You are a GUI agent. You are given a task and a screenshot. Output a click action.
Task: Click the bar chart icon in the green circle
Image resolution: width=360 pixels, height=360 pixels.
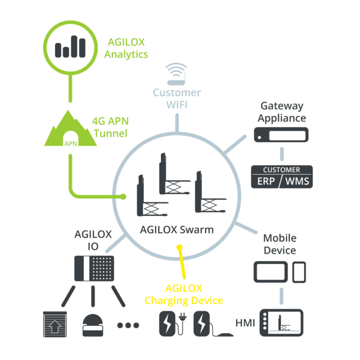pyautogui.click(x=70, y=46)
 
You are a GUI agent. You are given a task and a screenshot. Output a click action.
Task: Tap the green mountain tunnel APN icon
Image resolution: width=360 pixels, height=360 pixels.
pyautogui.click(x=70, y=128)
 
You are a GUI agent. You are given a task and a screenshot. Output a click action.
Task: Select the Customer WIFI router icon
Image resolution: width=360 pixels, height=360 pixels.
pyautogui.click(x=176, y=74)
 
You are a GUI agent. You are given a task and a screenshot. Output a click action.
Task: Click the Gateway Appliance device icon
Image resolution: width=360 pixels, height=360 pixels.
pyautogui.click(x=281, y=135)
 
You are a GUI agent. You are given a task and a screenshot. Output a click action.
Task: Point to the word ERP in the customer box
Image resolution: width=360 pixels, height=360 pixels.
pyautogui.click(x=266, y=181)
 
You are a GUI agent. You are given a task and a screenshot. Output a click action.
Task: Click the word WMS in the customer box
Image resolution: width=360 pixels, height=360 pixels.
pyautogui.click(x=297, y=181)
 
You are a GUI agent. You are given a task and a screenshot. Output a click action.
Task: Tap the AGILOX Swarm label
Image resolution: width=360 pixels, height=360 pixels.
pyautogui.click(x=177, y=230)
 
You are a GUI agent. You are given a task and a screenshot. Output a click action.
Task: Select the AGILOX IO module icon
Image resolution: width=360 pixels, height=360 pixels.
pyautogui.click(x=94, y=269)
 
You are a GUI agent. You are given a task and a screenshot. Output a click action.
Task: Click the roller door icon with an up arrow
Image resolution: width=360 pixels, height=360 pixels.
pyautogui.click(x=55, y=324)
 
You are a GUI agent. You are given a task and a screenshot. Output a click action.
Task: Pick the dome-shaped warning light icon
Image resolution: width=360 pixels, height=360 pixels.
pyautogui.click(x=93, y=325)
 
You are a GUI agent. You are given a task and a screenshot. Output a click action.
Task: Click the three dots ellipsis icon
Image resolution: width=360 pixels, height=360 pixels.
pyautogui.click(x=128, y=325)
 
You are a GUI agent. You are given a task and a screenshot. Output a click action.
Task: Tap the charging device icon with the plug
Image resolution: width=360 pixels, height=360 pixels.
pyautogui.click(x=172, y=323)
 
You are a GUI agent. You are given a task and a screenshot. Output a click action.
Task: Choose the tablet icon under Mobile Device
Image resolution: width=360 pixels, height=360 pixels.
pyautogui.click(x=270, y=272)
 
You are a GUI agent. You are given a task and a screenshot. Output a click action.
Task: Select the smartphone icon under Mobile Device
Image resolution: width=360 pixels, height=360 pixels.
pyautogui.click(x=299, y=272)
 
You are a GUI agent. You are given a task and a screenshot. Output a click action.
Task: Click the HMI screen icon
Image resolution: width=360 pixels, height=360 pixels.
pyautogui.click(x=281, y=323)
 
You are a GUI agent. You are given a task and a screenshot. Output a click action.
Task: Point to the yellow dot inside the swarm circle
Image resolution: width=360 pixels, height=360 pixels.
pyautogui.click(x=180, y=247)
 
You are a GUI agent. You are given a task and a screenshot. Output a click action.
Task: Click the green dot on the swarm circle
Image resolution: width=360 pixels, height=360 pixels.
pyautogui.click(x=123, y=196)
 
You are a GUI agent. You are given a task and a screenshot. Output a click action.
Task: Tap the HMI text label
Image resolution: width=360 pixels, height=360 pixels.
pyautogui.click(x=245, y=323)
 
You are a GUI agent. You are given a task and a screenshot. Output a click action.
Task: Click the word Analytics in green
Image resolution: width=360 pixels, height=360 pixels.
pyautogui.click(x=126, y=55)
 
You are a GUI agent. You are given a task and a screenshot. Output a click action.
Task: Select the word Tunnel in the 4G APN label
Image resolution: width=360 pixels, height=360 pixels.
pyautogui.click(x=111, y=134)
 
